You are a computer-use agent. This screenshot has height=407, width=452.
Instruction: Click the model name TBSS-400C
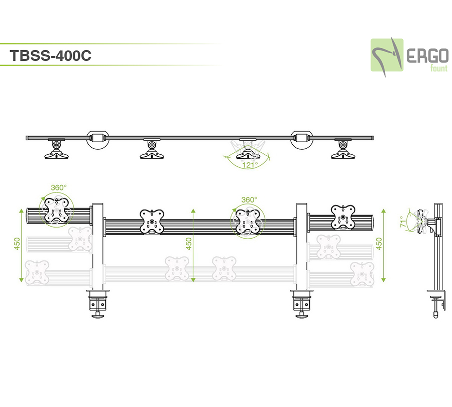tap(50, 56)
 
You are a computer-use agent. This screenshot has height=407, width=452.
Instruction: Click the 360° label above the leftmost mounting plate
tap(58, 187)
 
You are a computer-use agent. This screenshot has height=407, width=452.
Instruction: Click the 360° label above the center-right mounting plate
tap(249, 199)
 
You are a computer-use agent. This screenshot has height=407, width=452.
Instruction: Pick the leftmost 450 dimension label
tap(17, 244)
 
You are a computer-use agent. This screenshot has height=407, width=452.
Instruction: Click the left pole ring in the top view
tap(97, 138)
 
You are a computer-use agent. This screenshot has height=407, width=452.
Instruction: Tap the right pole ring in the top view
tap(301, 138)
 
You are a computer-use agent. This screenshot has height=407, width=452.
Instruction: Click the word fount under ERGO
tap(438, 69)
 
